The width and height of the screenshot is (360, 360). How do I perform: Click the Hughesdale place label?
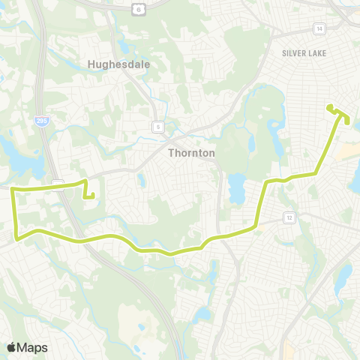[118, 64]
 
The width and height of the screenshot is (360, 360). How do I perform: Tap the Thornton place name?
[190, 152]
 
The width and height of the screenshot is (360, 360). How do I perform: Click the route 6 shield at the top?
[137, 9]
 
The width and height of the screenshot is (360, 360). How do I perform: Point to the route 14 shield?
[320, 28]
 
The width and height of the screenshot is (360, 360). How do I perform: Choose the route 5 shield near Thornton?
[158, 127]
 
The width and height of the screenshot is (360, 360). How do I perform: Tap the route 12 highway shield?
[289, 217]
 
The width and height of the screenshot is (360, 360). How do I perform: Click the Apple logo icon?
[10, 347]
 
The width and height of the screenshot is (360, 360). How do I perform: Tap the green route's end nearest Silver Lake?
[329, 107]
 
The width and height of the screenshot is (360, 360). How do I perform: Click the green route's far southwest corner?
[16, 238]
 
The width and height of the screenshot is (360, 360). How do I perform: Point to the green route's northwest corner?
[12, 190]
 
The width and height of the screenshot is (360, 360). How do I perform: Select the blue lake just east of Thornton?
[237, 189]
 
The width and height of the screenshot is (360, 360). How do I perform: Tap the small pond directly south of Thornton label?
[141, 180]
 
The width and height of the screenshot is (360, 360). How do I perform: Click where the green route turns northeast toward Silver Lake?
[316, 173]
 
